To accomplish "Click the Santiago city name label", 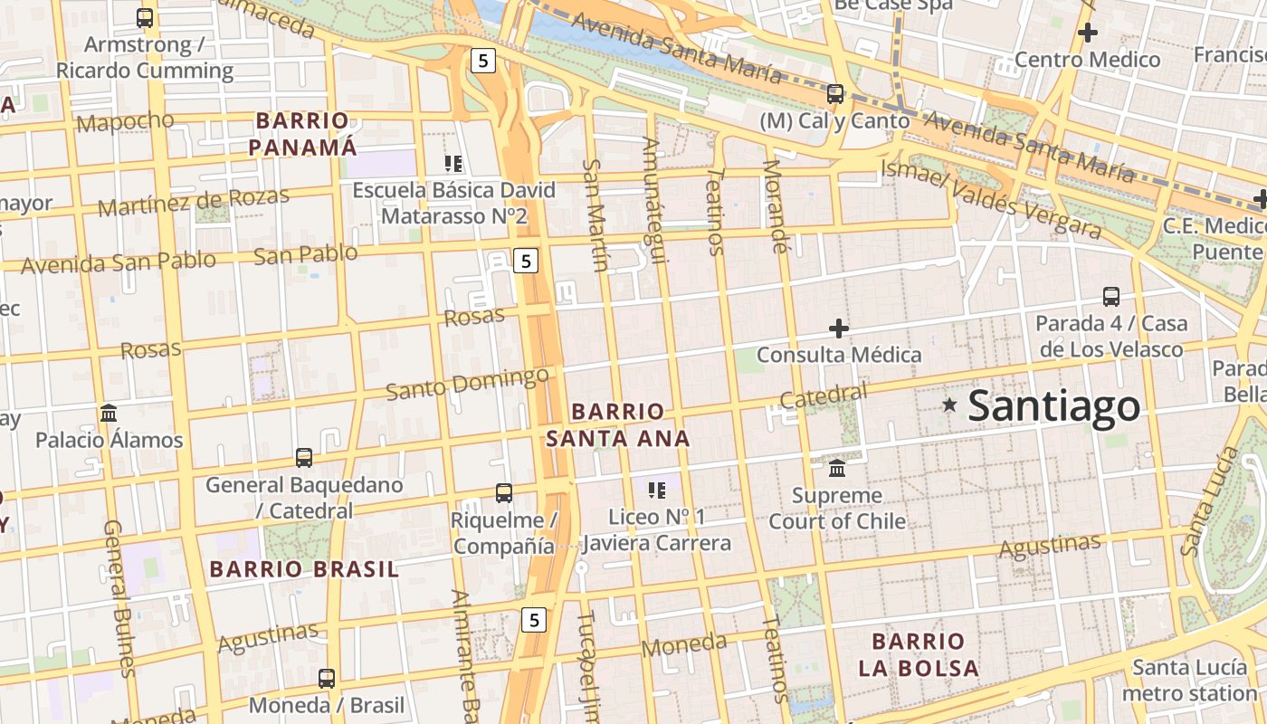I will [x=1053, y=406].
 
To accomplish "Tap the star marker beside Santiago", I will [x=949, y=405].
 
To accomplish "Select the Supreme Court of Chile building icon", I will [x=837, y=469].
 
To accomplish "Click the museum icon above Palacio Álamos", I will [x=109, y=414].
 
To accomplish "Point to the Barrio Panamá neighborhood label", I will [x=302, y=133].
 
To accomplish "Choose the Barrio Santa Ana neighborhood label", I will [x=618, y=424].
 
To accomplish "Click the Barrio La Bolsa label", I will [x=919, y=655].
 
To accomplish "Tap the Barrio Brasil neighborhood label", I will [x=304, y=569].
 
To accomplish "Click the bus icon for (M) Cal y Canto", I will [x=835, y=94].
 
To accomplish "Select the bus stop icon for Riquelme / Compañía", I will [x=504, y=493].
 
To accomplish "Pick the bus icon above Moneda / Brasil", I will [x=327, y=678].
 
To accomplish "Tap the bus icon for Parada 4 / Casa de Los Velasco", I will [x=1111, y=296].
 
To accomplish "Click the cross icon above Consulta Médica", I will [x=839, y=328].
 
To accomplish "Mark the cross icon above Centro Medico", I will [x=1087, y=33].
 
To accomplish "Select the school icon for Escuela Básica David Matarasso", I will [x=453, y=164].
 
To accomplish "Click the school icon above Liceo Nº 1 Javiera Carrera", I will [x=657, y=491].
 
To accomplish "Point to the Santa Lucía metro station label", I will [x=1190, y=681].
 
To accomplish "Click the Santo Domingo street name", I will [x=467, y=383].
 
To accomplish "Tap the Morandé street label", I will [x=775, y=205].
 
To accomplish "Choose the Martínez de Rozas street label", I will [x=194, y=201].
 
